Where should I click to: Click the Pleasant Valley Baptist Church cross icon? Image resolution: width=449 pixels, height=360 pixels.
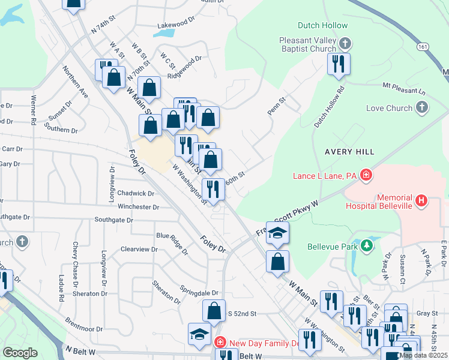coord(345,43)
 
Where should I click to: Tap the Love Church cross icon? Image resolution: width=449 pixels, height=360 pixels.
coord(422,108)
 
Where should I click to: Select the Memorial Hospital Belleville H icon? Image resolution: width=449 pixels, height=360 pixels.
coord(422,201)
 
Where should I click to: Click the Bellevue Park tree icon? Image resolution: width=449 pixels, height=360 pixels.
coord(366,245)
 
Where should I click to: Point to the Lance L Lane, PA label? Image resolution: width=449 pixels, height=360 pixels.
coord(325,176)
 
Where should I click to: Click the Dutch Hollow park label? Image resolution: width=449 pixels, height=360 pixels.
coord(322,26)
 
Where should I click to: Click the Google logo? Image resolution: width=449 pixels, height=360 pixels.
coord(20,353)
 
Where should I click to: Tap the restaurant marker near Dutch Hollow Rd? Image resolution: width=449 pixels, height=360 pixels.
coord(339,64)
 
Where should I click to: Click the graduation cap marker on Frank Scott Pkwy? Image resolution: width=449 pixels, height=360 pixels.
coord(277,233)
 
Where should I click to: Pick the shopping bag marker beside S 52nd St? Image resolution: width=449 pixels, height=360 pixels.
coord(214,311)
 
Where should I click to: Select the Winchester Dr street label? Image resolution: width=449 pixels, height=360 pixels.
coord(139,208)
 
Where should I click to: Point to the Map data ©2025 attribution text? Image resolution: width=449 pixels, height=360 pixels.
coord(423,355)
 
